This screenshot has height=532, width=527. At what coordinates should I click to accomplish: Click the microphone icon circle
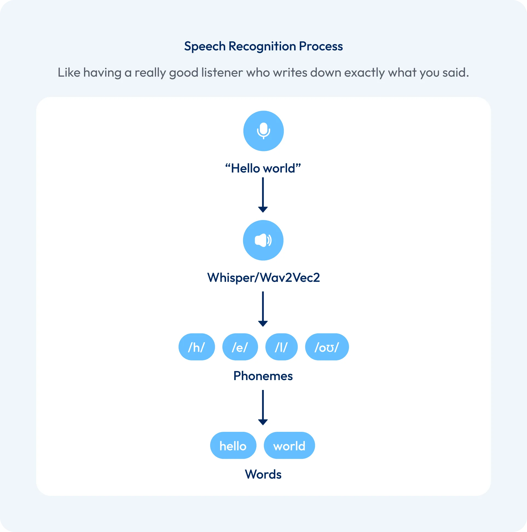263,131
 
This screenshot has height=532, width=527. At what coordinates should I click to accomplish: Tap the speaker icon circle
263,240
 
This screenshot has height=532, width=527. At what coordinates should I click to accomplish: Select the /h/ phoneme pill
196,347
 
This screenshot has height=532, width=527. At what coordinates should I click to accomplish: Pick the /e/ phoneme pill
240,347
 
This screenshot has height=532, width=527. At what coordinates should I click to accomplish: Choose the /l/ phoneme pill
281,347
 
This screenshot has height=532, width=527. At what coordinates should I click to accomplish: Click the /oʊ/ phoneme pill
327,347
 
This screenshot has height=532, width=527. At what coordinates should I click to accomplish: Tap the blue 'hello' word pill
233,446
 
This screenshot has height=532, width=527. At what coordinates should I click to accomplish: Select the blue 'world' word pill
289,446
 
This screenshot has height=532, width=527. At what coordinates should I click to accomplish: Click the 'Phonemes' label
263,376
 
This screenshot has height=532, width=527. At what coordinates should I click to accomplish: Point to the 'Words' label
263,474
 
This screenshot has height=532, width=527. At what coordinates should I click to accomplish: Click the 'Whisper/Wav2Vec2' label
263,277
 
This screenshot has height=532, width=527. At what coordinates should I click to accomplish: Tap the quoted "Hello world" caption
263,168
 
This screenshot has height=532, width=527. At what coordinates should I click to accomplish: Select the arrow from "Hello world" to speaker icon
263,195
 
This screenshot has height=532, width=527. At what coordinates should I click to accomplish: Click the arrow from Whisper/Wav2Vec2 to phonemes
263,309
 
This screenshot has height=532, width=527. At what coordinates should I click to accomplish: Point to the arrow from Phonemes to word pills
263,407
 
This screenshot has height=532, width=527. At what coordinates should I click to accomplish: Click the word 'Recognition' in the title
262,46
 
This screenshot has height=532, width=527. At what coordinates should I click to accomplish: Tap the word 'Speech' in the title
205,46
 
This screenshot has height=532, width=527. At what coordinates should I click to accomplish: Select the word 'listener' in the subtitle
222,73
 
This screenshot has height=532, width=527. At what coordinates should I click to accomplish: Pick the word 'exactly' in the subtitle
364,73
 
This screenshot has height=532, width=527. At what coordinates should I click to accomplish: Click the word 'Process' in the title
321,46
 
